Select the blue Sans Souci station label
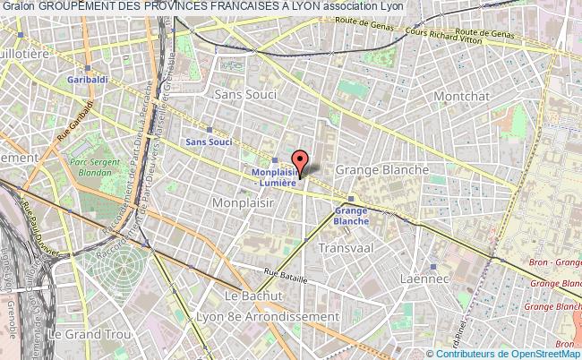208,141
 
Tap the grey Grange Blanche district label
381,169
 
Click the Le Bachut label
246,296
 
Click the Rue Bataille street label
286,277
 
